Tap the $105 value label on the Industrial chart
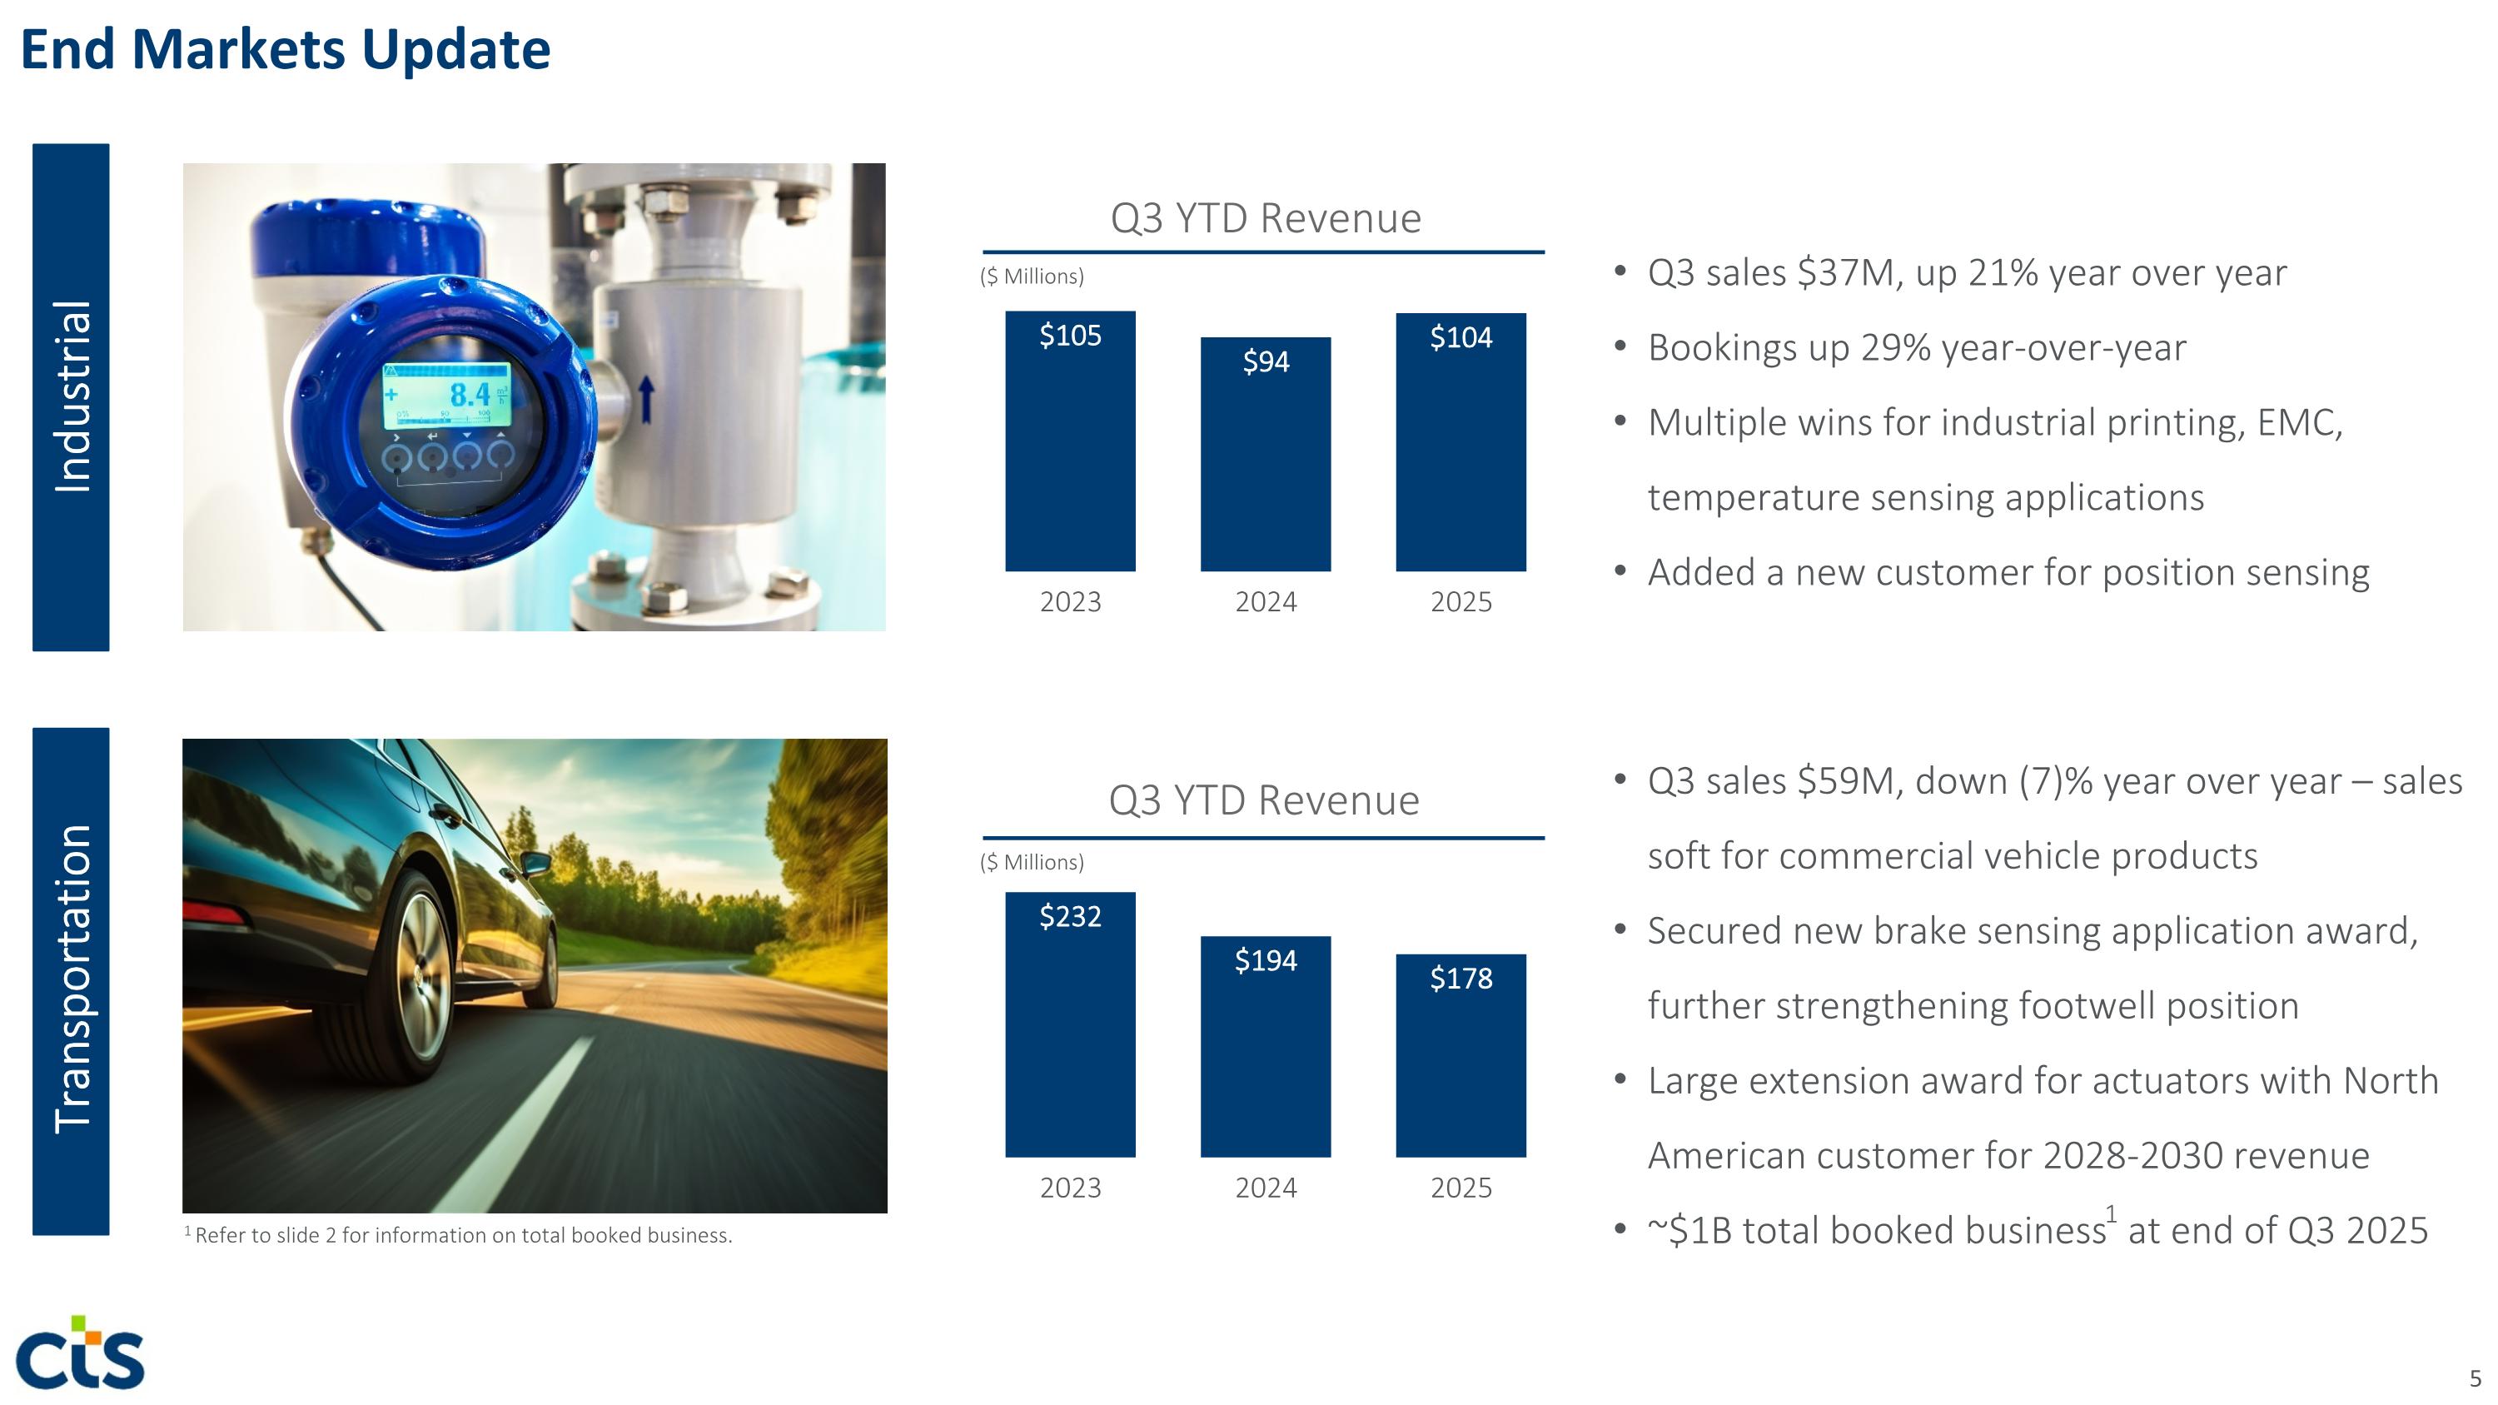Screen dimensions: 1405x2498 click(1070, 336)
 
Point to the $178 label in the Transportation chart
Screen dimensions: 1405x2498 click(1460, 979)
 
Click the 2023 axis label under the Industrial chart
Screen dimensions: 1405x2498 click(1070, 602)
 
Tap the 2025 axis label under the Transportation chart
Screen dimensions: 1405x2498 click(1460, 1188)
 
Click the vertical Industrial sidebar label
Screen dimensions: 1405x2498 click(72, 396)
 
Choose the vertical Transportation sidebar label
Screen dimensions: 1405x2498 click(72, 979)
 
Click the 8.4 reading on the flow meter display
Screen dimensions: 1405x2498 click(470, 395)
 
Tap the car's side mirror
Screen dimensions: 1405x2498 click(536, 863)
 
